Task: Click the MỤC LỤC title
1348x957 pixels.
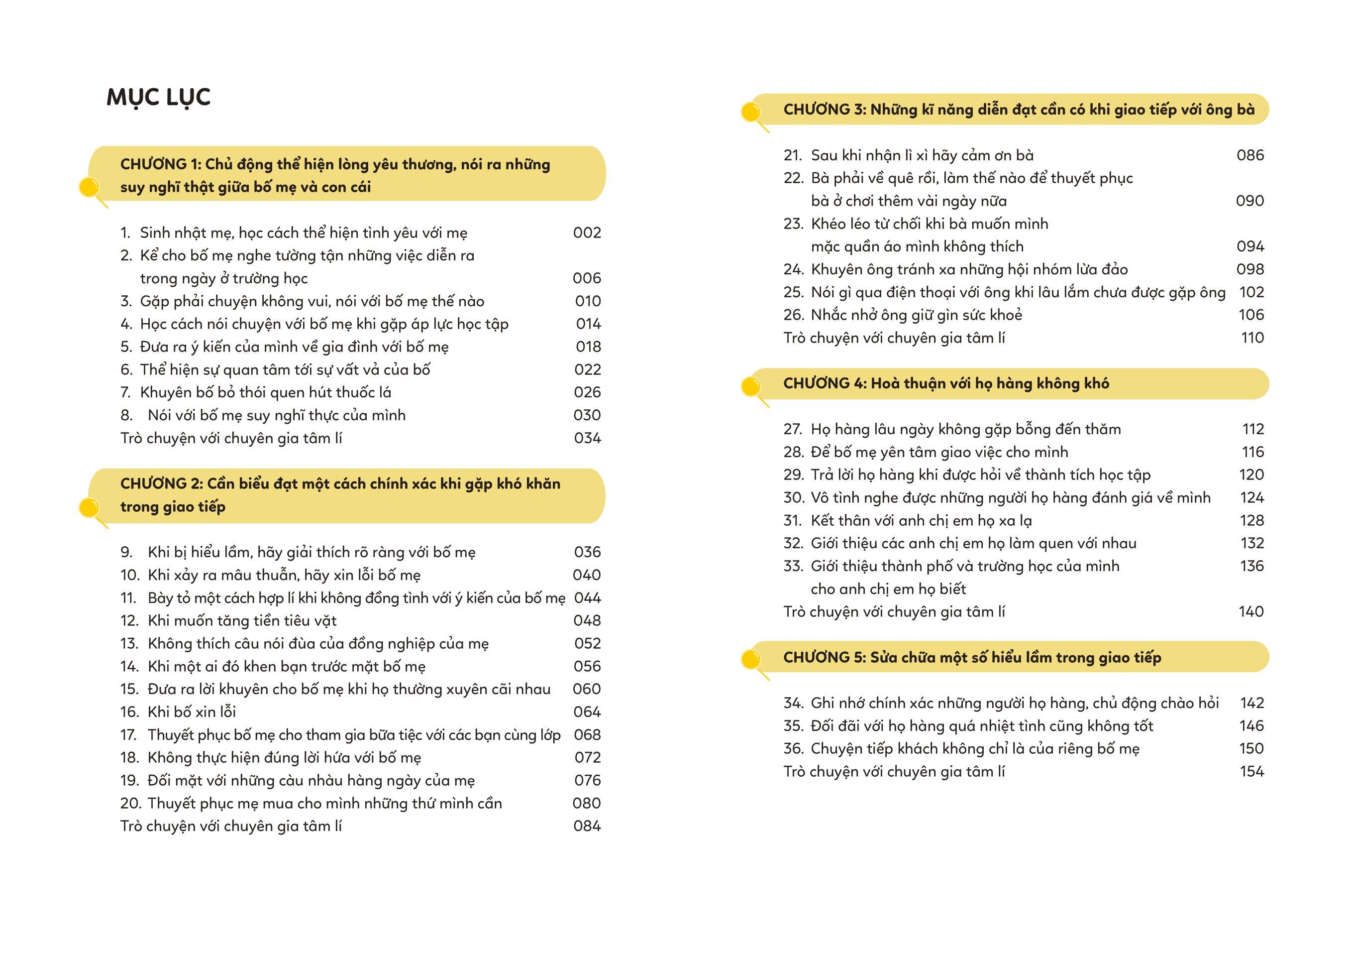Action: tap(158, 97)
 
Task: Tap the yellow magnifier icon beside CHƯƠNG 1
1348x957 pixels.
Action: tap(90, 189)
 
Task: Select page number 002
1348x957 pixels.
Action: tap(587, 233)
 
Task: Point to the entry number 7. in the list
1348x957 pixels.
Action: tap(125, 392)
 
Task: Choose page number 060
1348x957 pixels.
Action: tap(586, 689)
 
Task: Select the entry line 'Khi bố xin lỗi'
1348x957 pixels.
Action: tap(192, 712)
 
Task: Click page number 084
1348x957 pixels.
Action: tap(587, 826)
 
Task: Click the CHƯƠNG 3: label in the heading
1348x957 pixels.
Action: tap(825, 110)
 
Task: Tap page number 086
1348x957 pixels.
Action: tap(1249, 155)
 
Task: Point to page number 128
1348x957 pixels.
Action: tap(1251, 520)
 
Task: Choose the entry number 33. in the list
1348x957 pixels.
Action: tap(793, 566)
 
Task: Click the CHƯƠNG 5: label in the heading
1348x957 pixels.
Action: tap(824, 658)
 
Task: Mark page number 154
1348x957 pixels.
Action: tap(1251, 771)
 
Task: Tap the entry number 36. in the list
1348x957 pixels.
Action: tap(793, 749)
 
